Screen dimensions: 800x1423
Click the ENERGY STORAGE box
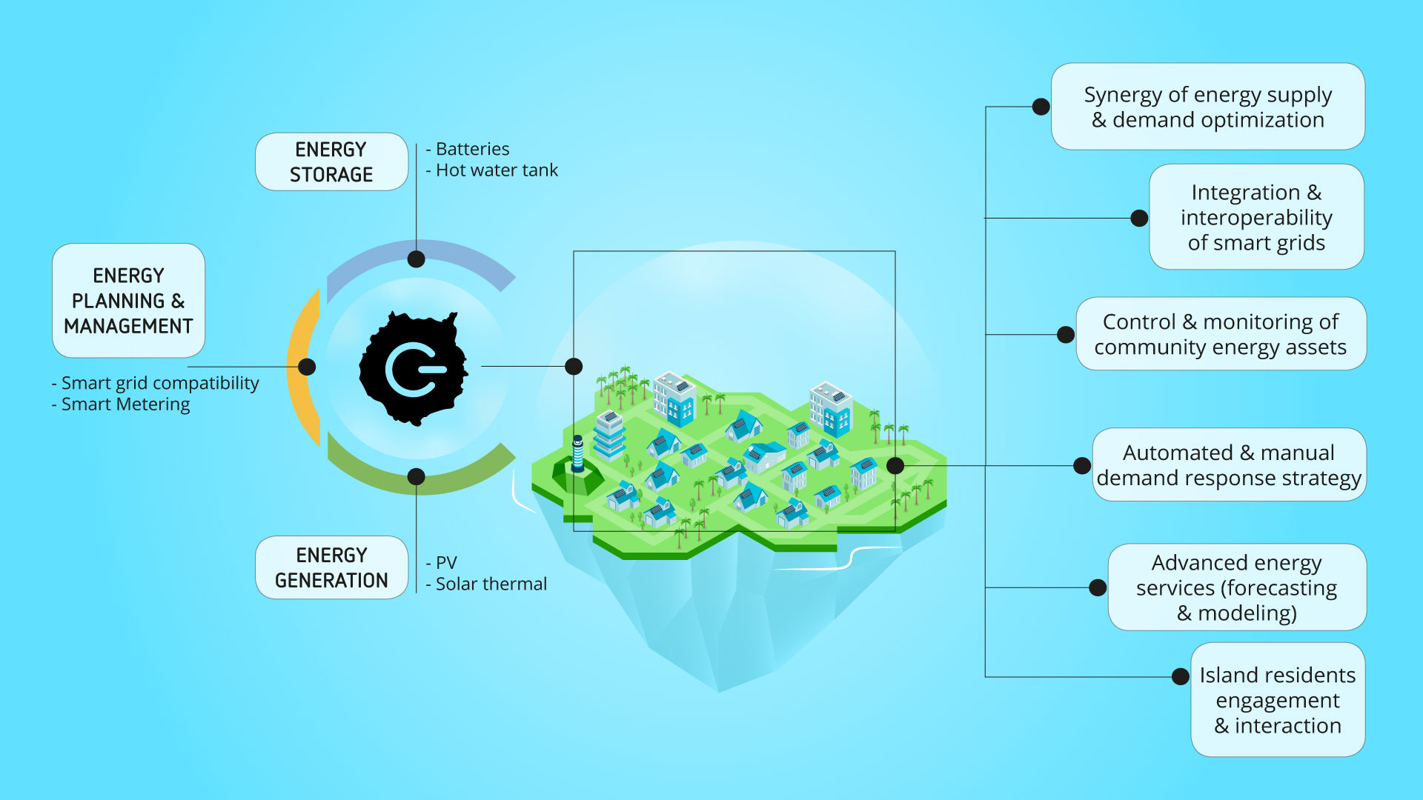pyautogui.click(x=331, y=161)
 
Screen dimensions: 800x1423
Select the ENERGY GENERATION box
pyautogui.click(x=331, y=567)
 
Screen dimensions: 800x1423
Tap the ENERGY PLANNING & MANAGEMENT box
pyautogui.click(x=128, y=301)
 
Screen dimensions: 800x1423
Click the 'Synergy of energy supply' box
pyautogui.click(x=1207, y=107)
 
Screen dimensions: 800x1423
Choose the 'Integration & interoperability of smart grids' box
pyautogui.click(x=1256, y=217)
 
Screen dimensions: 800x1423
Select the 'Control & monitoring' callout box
pyautogui.click(x=1220, y=334)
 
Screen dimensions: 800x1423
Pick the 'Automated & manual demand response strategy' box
pyautogui.click(x=1228, y=465)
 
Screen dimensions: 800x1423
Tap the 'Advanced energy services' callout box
pyautogui.click(x=1236, y=587)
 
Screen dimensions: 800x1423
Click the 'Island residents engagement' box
pyautogui.click(x=1277, y=700)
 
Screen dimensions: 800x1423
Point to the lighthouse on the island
pyautogui.click(x=578, y=453)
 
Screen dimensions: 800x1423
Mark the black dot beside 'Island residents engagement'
pyautogui.click(x=1181, y=676)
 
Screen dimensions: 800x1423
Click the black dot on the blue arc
pyautogui.click(x=417, y=259)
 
